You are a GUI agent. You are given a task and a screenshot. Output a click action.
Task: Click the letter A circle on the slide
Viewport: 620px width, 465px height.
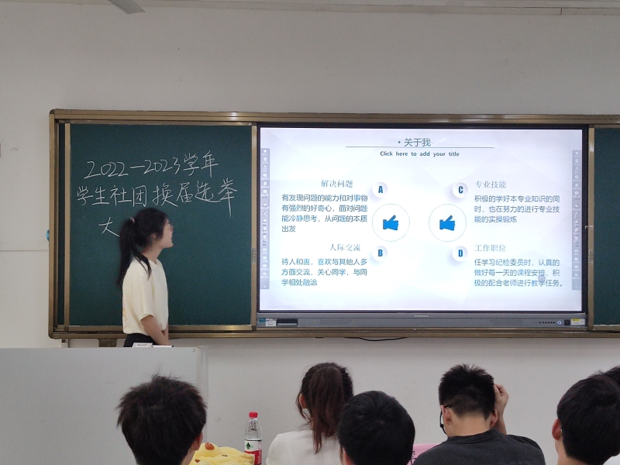point(380,189)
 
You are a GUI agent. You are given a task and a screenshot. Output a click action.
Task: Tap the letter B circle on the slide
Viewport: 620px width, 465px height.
point(380,252)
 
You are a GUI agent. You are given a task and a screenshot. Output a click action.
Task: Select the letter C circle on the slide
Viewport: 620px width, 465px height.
point(460,189)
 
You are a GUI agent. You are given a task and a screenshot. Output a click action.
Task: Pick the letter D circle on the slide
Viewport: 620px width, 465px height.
point(460,253)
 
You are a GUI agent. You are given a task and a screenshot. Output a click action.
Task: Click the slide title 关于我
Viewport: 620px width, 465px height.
point(417,143)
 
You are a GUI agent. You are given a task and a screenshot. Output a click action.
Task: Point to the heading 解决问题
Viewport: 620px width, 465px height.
point(336,184)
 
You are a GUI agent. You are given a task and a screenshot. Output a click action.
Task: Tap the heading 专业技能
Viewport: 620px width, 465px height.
point(491,184)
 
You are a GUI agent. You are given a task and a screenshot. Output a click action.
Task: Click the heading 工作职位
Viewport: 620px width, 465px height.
point(491,248)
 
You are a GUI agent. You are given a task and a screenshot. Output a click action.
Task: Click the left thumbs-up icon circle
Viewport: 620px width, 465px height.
point(391,223)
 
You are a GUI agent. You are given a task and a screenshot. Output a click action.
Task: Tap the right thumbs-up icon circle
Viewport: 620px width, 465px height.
point(447,223)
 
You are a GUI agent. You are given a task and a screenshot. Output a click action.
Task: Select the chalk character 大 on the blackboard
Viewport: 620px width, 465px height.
point(108,226)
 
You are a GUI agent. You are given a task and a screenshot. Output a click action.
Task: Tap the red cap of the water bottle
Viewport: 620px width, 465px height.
point(253,416)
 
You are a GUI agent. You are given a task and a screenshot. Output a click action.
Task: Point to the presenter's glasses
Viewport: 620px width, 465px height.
point(167,226)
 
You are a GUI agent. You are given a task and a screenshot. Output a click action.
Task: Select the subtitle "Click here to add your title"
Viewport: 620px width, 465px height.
point(419,154)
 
